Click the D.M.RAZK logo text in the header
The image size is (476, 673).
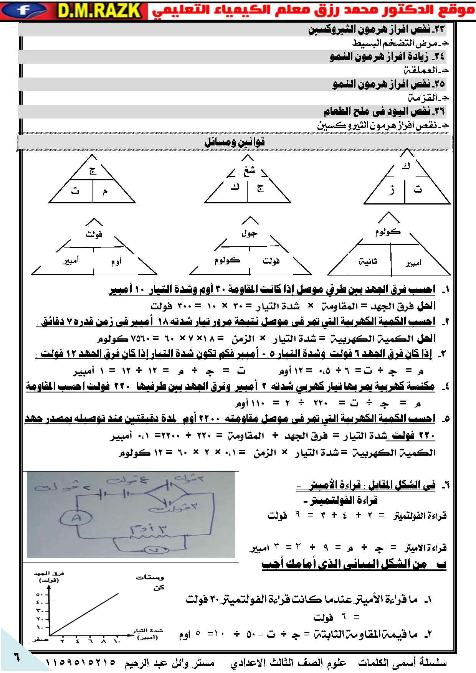(x=99, y=10)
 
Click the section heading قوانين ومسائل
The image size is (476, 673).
(x=235, y=142)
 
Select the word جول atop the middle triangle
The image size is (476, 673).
(x=250, y=233)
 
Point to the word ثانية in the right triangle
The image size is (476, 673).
(x=368, y=262)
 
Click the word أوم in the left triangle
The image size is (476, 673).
(x=116, y=262)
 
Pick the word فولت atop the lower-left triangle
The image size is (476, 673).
(x=94, y=234)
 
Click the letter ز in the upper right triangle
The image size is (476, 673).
(x=392, y=190)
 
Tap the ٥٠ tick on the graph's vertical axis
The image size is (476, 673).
(x=40, y=595)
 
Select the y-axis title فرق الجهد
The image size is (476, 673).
(x=49, y=574)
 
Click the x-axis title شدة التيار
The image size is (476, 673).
(x=148, y=631)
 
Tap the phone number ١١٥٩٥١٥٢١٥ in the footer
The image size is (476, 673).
(x=81, y=663)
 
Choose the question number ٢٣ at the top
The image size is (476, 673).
(x=438, y=29)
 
